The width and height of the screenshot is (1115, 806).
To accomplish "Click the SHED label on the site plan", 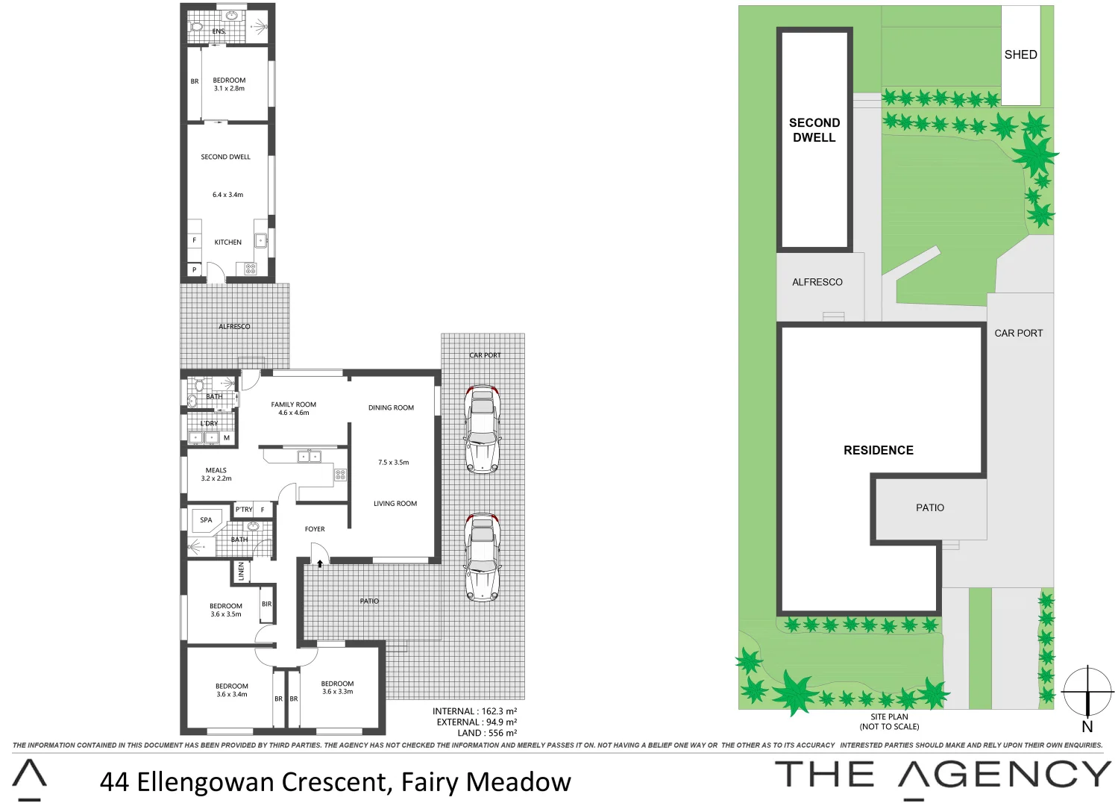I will click(1020, 54).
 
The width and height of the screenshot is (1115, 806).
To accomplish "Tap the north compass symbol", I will click(1087, 692).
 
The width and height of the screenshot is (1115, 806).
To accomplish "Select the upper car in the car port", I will click(483, 429).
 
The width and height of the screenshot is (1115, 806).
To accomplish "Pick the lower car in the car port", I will click(483, 557).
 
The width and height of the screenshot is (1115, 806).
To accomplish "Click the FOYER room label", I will click(315, 529).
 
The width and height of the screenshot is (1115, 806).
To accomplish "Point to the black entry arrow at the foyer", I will click(320, 563).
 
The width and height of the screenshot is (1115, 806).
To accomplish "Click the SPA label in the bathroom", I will click(206, 520).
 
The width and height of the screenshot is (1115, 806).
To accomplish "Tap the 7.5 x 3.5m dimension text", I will click(393, 463).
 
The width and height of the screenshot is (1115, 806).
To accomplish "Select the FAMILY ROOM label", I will click(293, 404).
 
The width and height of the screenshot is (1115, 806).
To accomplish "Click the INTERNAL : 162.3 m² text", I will click(474, 711).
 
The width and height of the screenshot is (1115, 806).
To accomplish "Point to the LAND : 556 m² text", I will click(487, 733).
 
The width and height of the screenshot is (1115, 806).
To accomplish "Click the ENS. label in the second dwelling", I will click(219, 31).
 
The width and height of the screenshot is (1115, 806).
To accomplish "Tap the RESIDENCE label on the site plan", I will click(878, 450).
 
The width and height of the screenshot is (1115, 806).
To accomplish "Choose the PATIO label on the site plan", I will click(929, 507).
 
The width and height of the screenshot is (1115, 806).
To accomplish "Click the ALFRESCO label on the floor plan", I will click(234, 326).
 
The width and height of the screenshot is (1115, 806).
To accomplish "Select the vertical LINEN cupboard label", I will click(241, 571).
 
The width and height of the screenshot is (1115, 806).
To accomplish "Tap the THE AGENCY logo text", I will click(943, 775).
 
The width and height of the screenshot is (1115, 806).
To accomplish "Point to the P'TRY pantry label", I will click(244, 510).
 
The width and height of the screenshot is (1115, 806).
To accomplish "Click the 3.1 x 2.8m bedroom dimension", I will click(229, 89).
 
